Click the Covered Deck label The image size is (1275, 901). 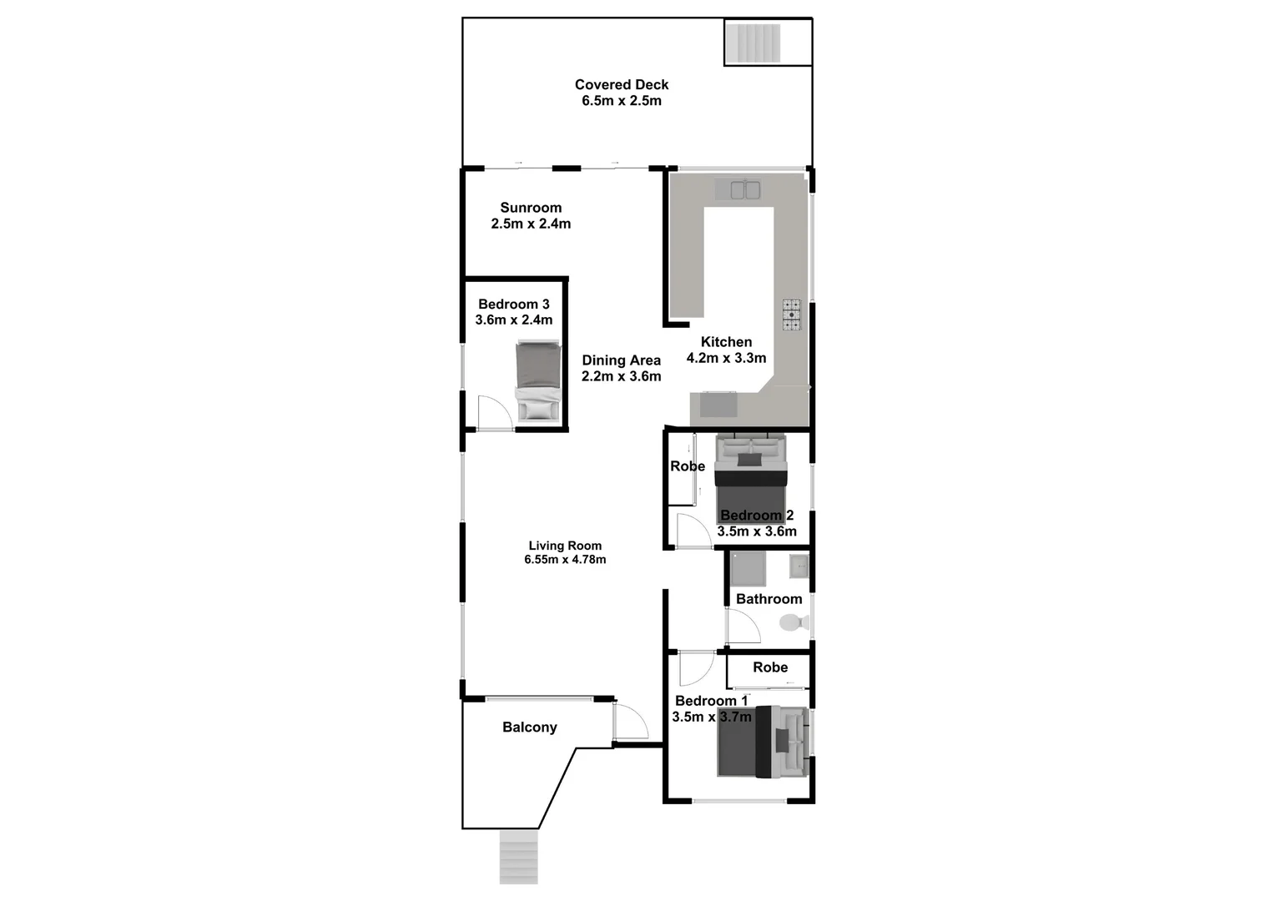(622, 84)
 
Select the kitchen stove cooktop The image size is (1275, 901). (791, 315)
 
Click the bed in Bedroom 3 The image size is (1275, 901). (538, 380)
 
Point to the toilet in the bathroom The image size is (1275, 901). (793, 622)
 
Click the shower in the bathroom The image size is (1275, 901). (748, 569)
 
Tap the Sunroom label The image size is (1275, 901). (531, 208)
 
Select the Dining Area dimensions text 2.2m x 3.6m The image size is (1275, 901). (622, 376)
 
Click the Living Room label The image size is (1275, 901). (565, 546)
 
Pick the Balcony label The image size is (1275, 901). (530, 727)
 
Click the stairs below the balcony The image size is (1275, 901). (518, 857)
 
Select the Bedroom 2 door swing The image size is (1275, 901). (692, 531)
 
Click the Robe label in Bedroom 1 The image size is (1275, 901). (770, 667)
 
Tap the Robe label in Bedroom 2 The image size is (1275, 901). (688, 466)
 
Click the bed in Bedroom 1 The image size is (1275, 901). (762, 742)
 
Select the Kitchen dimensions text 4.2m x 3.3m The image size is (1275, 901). (726, 358)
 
